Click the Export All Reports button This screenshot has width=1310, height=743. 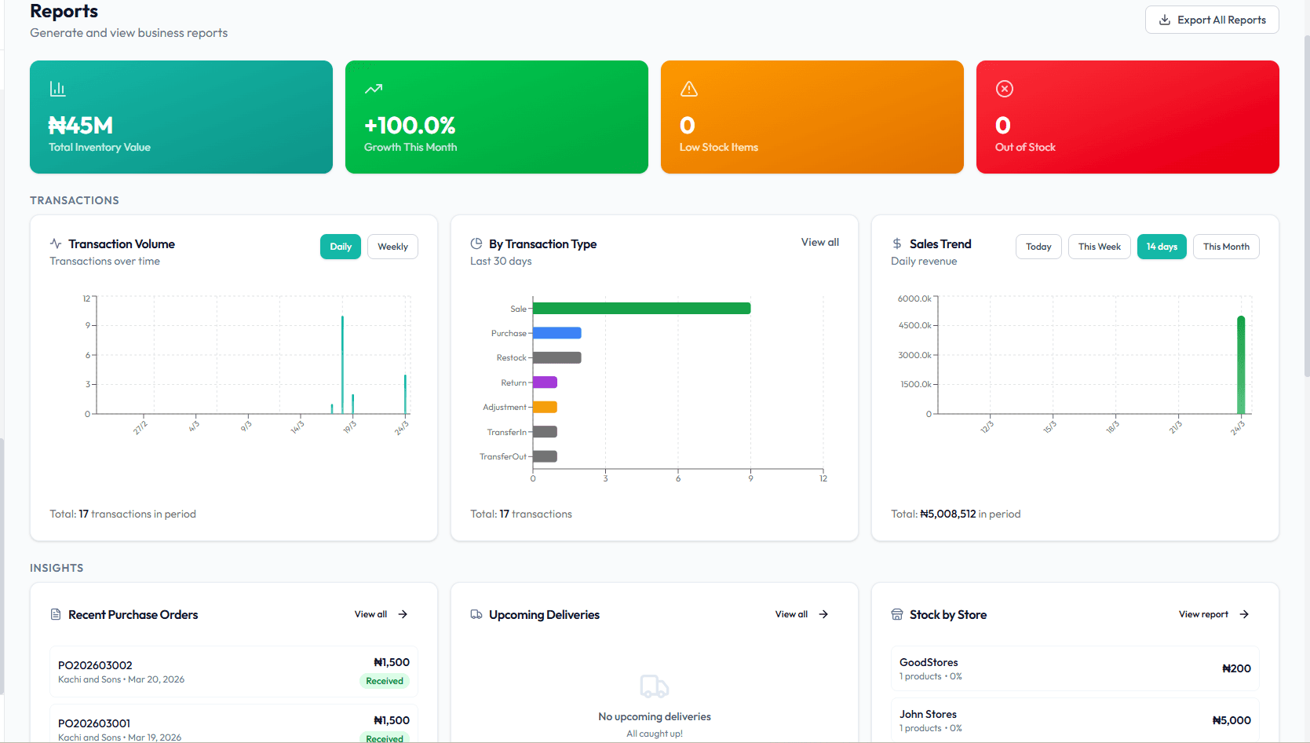[1212, 20]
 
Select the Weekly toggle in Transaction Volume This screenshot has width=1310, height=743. [392, 247]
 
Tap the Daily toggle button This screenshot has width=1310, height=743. [341, 247]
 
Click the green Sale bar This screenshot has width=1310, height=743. [641, 309]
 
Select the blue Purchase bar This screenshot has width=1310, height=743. [556, 333]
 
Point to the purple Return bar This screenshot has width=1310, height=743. [545, 382]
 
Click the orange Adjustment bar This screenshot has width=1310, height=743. [545, 407]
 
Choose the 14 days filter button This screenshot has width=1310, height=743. [1162, 247]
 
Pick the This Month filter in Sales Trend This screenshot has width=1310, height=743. [1226, 247]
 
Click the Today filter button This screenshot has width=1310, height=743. [1038, 247]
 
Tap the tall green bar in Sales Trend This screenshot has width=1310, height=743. [1241, 365]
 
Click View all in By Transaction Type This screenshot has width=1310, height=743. [819, 243]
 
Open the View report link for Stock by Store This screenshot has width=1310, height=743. [1213, 614]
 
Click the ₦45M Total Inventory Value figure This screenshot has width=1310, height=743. [81, 126]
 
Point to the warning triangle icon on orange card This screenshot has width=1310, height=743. [689, 89]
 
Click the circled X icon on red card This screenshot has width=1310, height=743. [1005, 89]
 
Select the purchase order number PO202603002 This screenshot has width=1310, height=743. [95, 665]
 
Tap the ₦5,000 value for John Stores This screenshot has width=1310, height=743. [1232, 720]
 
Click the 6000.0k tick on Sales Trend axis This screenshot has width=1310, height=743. [914, 298]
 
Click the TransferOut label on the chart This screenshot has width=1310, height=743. [503, 456]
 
